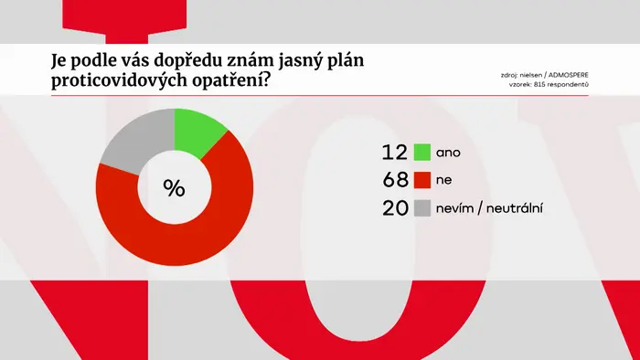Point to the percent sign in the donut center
175,188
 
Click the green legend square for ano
422,152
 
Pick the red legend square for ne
422,180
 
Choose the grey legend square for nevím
422,208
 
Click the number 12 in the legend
395,152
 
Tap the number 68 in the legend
395,180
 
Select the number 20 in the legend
395,208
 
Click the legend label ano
448,153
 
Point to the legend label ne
443,180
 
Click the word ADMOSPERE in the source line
568,76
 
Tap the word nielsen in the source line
531,76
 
